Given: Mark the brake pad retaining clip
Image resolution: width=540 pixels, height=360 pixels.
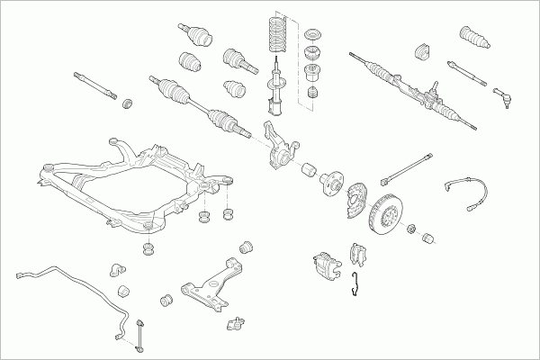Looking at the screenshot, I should click(356, 282).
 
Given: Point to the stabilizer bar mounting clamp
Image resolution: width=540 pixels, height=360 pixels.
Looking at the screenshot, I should click(115, 271).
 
